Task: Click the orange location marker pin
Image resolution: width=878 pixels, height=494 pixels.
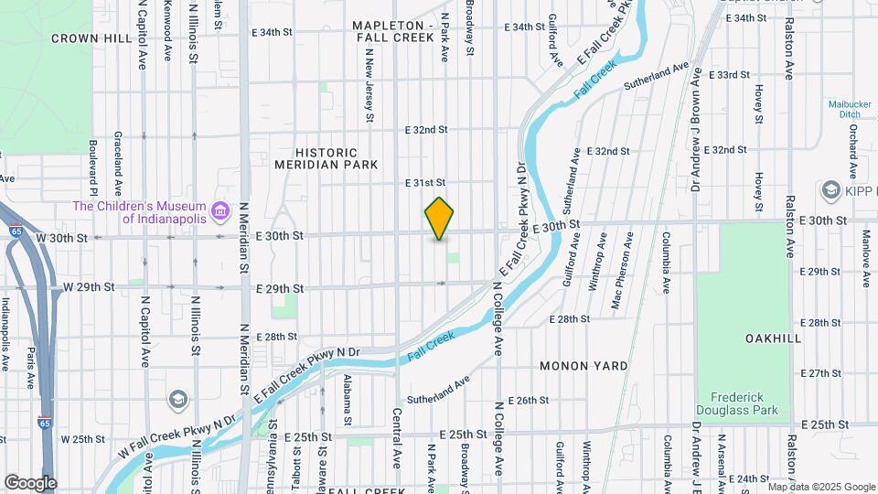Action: pos(440,219)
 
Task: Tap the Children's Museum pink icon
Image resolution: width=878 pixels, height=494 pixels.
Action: pos(219,211)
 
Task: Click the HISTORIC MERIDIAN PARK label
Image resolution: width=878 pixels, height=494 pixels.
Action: pos(327,158)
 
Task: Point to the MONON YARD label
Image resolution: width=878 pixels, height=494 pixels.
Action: pos(584,366)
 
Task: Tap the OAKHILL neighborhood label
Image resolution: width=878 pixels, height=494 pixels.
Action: pos(773,338)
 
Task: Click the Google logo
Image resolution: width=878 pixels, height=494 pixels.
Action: pos(30,482)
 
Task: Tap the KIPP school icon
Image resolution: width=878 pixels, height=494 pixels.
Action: pos(831,189)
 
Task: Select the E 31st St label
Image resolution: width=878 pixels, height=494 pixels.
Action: pos(425,183)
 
